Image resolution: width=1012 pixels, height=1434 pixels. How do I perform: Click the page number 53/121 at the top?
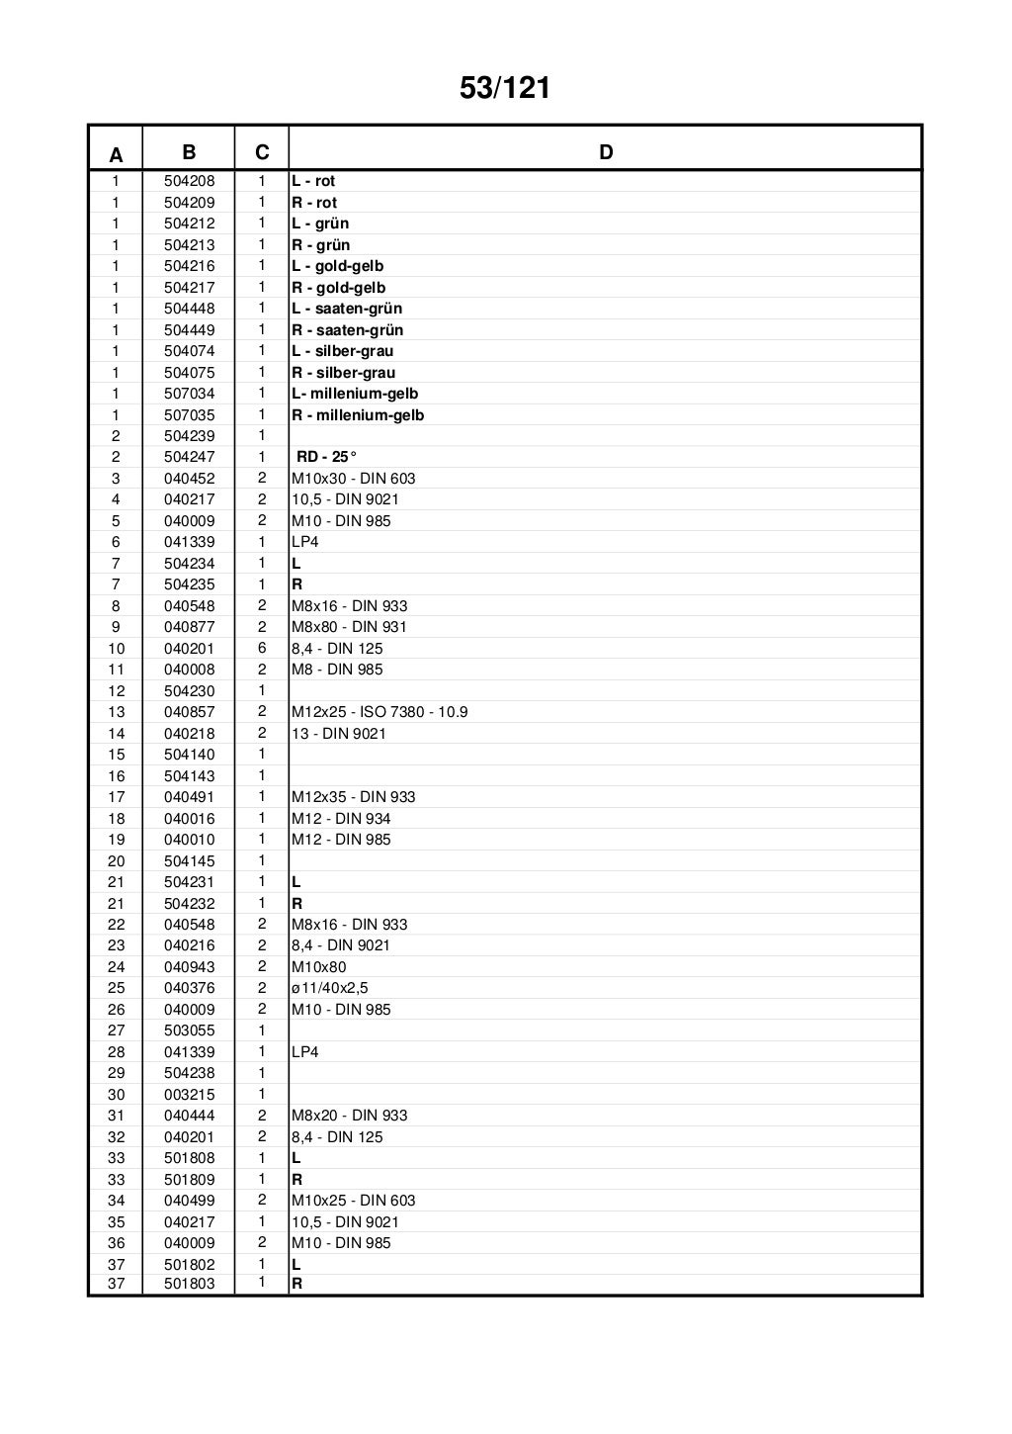(x=505, y=89)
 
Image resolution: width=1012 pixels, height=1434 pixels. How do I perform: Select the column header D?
(x=606, y=152)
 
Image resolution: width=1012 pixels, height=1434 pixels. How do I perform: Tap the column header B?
(x=189, y=152)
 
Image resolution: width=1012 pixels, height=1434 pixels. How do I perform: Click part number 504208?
(x=189, y=181)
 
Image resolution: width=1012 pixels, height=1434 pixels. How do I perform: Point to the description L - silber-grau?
(x=342, y=351)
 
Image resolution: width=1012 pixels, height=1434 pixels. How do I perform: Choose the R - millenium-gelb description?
(x=357, y=415)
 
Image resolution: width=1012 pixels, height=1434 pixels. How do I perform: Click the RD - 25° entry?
(x=326, y=457)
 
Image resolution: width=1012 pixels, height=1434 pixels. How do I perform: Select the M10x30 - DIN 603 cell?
(x=353, y=479)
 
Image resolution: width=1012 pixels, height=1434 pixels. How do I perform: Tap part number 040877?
(x=189, y=627)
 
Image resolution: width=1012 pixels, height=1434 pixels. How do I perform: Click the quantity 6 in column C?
(x=262, y=649)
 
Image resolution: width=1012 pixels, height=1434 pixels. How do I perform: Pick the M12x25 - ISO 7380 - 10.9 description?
(x=379, y=712)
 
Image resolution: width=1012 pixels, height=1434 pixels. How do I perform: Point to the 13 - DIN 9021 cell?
(x=338, y=734)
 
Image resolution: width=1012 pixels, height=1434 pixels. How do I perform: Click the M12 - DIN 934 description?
(x=341, y=819)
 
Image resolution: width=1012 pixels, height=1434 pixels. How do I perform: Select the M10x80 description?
(x=318, y=967)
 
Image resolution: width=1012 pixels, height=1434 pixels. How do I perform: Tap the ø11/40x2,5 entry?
(x=329, y=988)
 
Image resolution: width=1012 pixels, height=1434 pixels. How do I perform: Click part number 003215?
(x=189, y=1095)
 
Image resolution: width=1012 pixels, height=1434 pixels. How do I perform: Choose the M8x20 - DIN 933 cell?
(x=349, y=1116)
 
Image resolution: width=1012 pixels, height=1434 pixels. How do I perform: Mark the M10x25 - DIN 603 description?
(x=353, y=1201)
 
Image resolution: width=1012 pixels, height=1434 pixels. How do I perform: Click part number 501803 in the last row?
(x=189, y=1284)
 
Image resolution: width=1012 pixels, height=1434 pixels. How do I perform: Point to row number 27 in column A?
(x=116, y=1031)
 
